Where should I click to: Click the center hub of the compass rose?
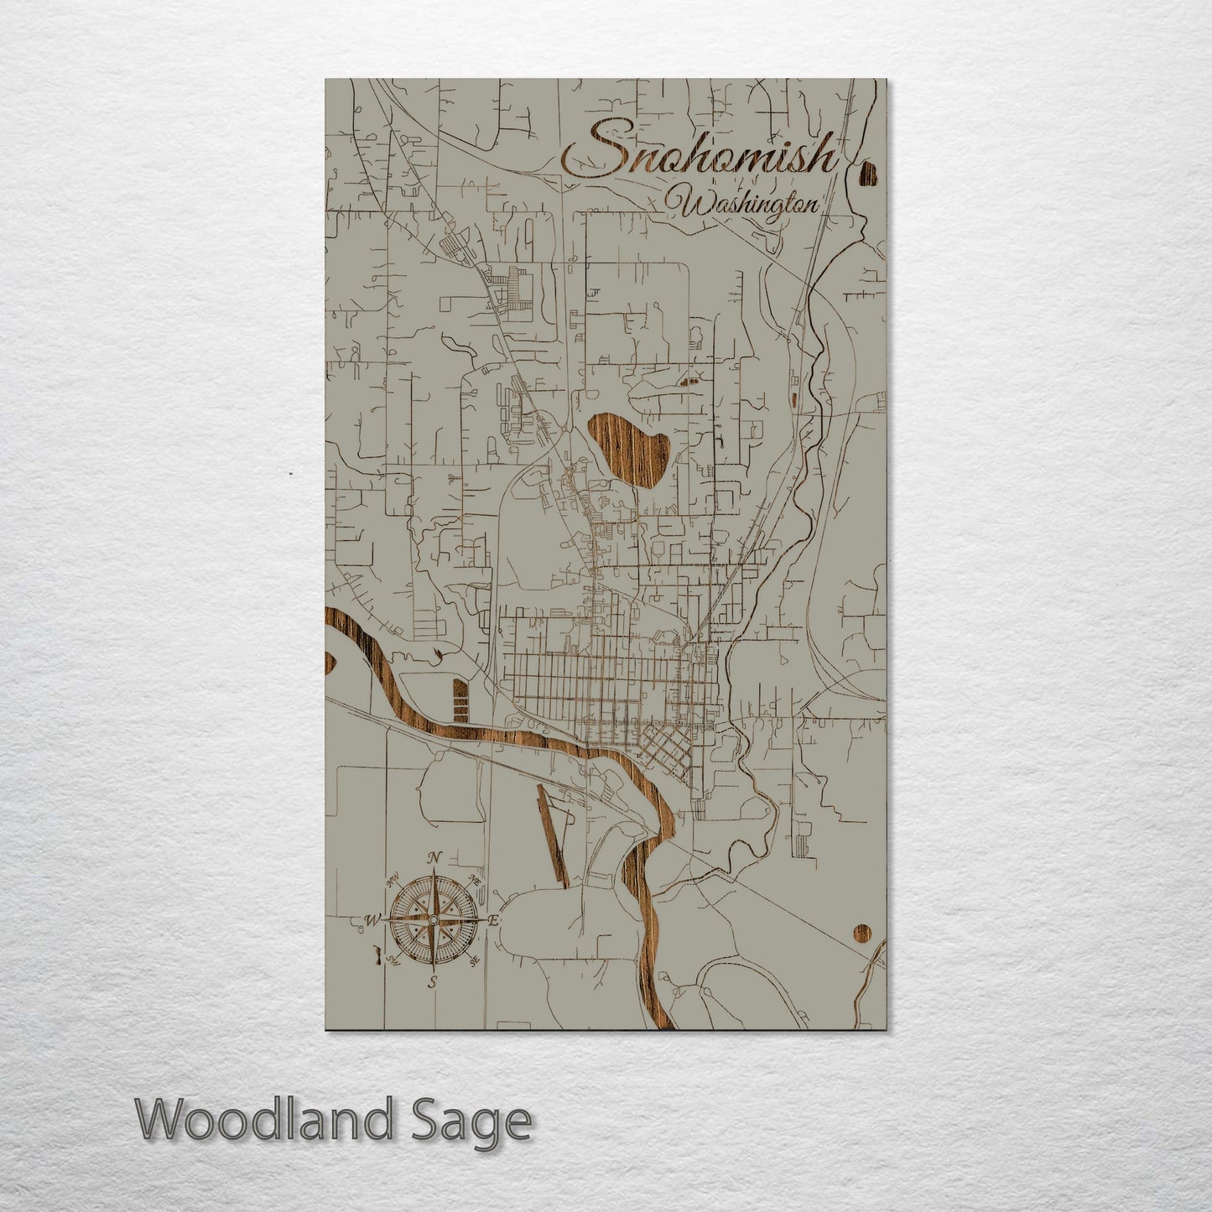point(432,921)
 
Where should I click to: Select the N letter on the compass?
point(434,856)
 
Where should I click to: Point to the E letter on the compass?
point(494,921)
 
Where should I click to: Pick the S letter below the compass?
point(432,983)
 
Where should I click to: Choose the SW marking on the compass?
point(391,960)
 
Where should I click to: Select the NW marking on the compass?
point(391,881)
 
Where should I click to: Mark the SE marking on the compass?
point(474,960)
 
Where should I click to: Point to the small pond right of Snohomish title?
point(868,174)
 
